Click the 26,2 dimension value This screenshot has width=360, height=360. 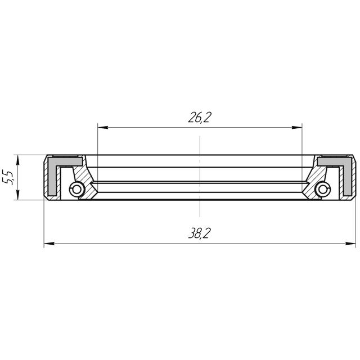tap(199, 118)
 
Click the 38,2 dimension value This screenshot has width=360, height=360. tap(199, 233)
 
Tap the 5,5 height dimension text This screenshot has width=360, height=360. tap(8, 177)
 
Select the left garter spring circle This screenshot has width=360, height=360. tap(76, 190)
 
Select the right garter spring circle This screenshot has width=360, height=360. tap(323, 190)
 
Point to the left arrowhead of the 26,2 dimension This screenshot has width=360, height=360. tap(103, 128)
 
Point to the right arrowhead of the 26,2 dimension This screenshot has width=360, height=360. tap(297, 128)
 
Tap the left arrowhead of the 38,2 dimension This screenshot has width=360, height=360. tap(49, 244)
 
